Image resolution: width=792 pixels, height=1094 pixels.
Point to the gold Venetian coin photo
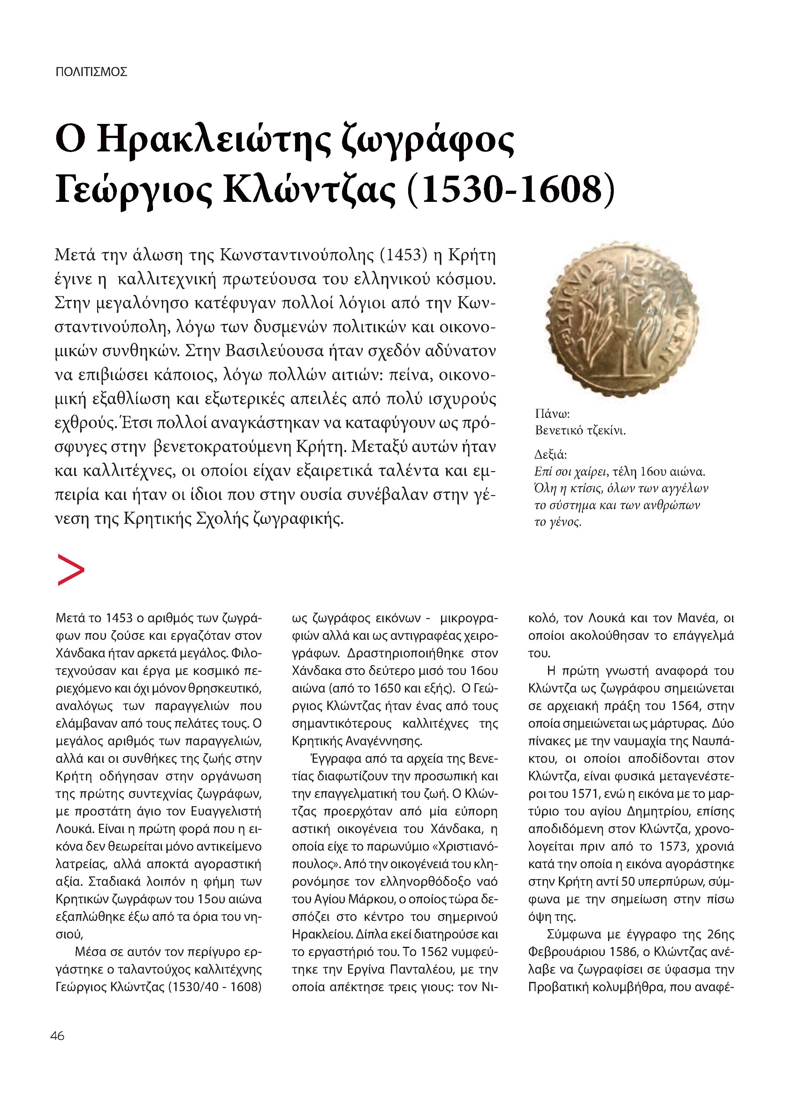(x=622, y=319)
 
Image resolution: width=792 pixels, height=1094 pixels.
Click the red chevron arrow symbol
(x=71, y=570)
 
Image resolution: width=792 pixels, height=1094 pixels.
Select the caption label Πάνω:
(x=553, y=413)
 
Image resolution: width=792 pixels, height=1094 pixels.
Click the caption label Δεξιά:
(x=550, y=455)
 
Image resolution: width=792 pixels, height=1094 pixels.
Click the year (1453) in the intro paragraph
(x=404, y=255)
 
